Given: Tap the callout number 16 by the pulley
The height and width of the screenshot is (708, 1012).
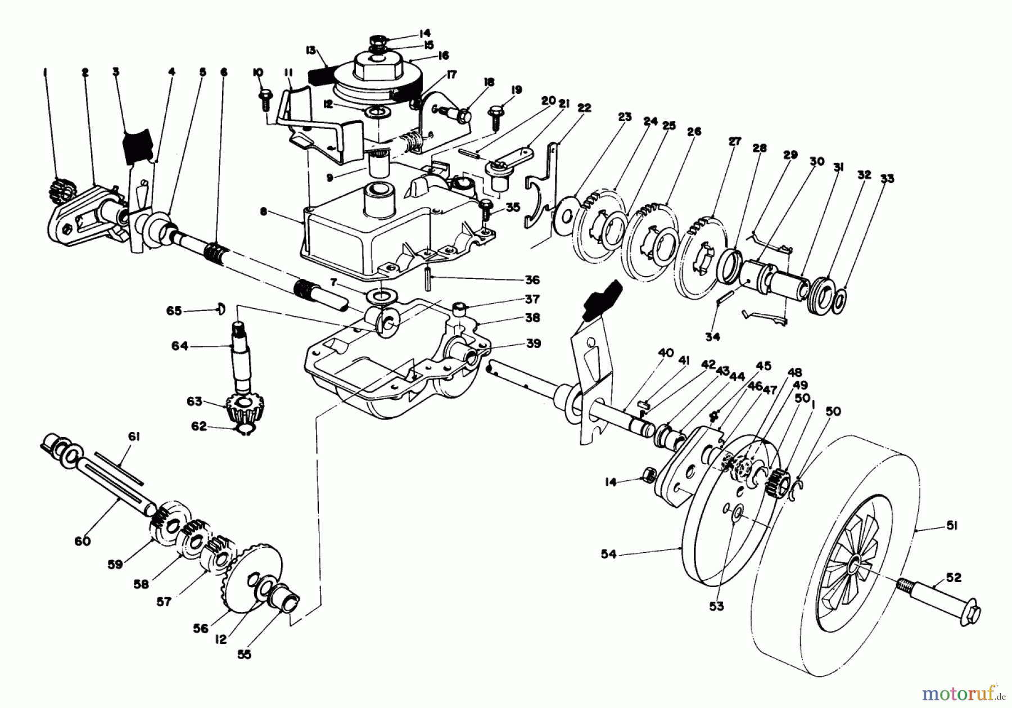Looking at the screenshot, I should (443, 55).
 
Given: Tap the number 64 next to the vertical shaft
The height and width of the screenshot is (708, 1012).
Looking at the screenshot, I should (179, 346).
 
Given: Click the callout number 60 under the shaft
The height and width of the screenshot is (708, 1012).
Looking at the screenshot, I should (82, 541).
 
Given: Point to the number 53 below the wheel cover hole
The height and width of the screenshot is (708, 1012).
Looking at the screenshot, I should (716, 606).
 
